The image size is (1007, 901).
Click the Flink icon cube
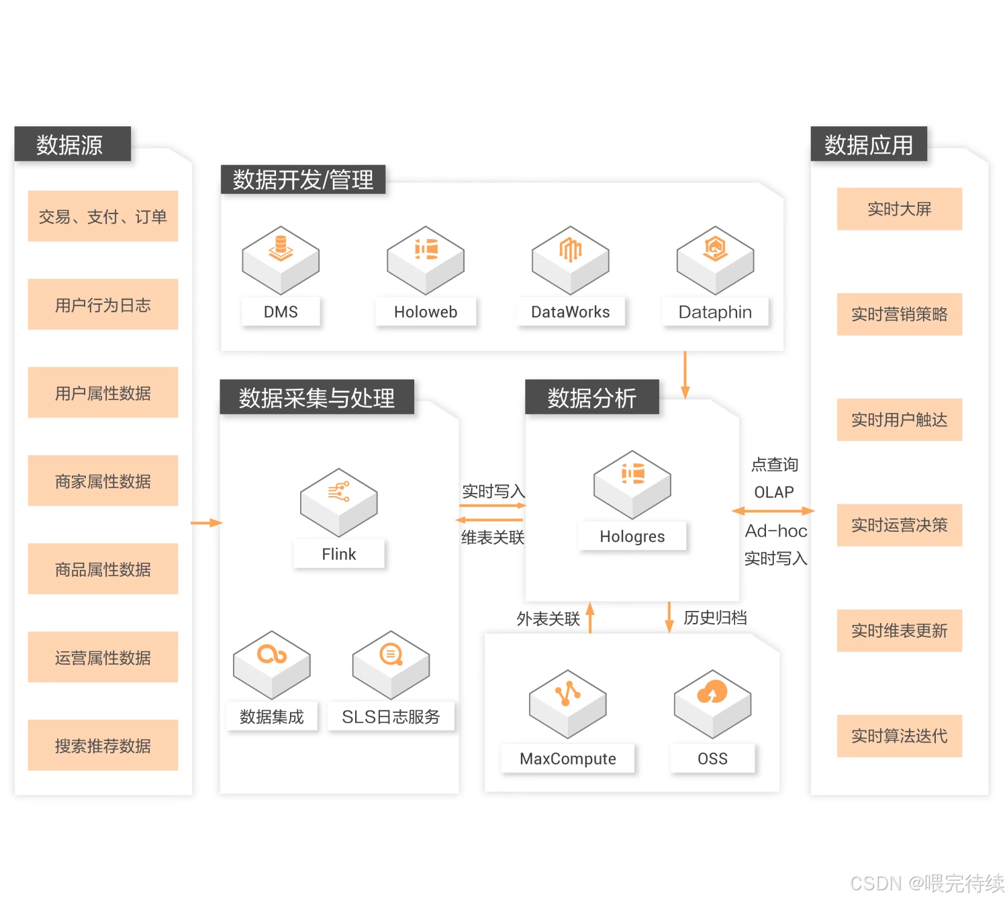coord(339,502)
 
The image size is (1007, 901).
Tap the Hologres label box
coord(632,536)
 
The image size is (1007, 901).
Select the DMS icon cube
coord(281,259)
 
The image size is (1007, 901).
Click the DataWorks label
coord(571,312)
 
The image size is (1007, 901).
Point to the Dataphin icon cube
coord(715,259)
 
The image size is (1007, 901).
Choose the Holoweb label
coord(426,312)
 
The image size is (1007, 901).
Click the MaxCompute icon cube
coord(568,703)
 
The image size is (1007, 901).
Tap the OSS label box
coord(712,759)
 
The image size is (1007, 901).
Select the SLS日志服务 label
coord(391,717)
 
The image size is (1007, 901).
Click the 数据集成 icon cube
coord(272,664)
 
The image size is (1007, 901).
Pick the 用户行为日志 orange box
coord(103,305)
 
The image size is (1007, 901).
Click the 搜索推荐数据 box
coord(103,745)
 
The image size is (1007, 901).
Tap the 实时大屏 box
coord(899,209)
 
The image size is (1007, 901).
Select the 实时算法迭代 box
coord(899,736)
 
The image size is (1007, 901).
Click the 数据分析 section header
coord(591,397)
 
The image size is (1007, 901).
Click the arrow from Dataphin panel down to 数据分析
coord(685,374)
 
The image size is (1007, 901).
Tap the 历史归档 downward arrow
coord(669,617)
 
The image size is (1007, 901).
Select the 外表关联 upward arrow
coord(590,617)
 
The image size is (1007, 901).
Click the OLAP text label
coord(774,492)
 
